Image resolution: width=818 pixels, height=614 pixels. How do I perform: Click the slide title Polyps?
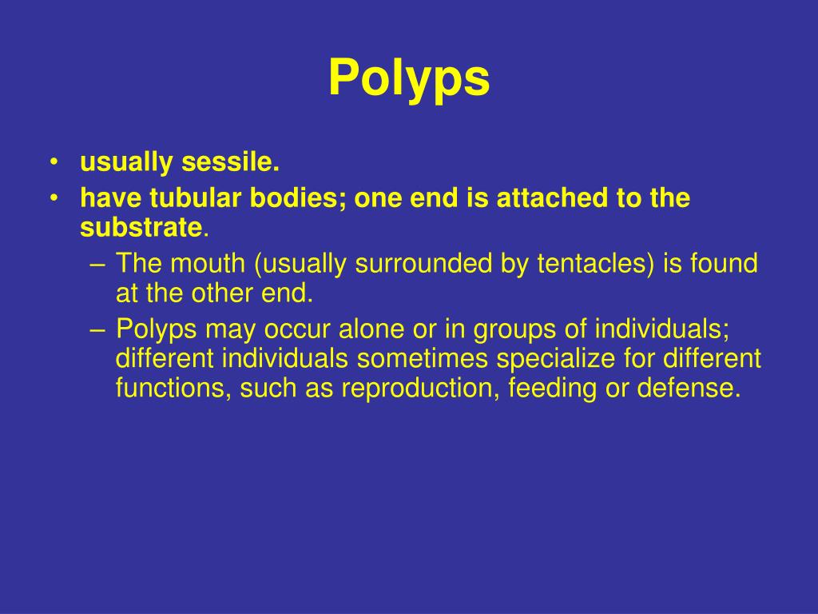point(409,78)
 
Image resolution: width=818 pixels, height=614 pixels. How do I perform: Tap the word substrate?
point(141,229)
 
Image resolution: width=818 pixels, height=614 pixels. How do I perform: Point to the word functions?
point(167,389)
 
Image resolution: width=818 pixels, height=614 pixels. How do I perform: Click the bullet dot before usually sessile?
point(54,163)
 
